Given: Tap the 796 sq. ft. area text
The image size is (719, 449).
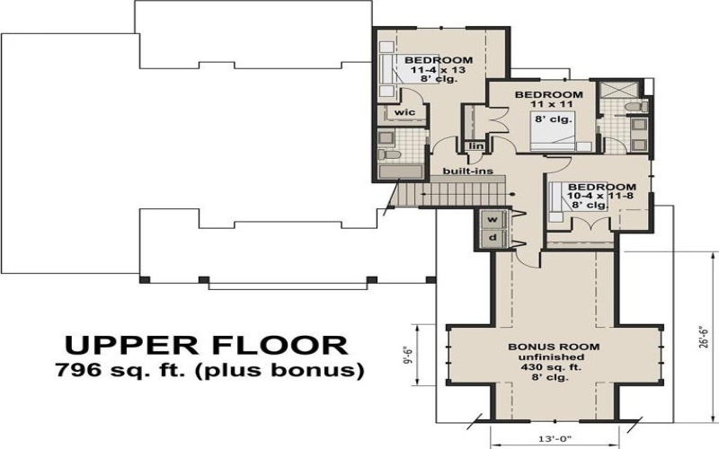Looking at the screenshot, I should click(x=209, y=370).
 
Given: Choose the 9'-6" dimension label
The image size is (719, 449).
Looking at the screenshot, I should click(x=407, y=353).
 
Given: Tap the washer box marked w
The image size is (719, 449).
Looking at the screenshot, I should click(x=492, y=219).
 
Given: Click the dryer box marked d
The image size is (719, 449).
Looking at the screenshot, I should click(x=492, y=238).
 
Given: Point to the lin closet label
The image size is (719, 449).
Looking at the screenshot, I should click(x=475, y=145).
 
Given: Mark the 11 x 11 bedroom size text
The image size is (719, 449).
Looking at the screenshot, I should click(x=549, y=105).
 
